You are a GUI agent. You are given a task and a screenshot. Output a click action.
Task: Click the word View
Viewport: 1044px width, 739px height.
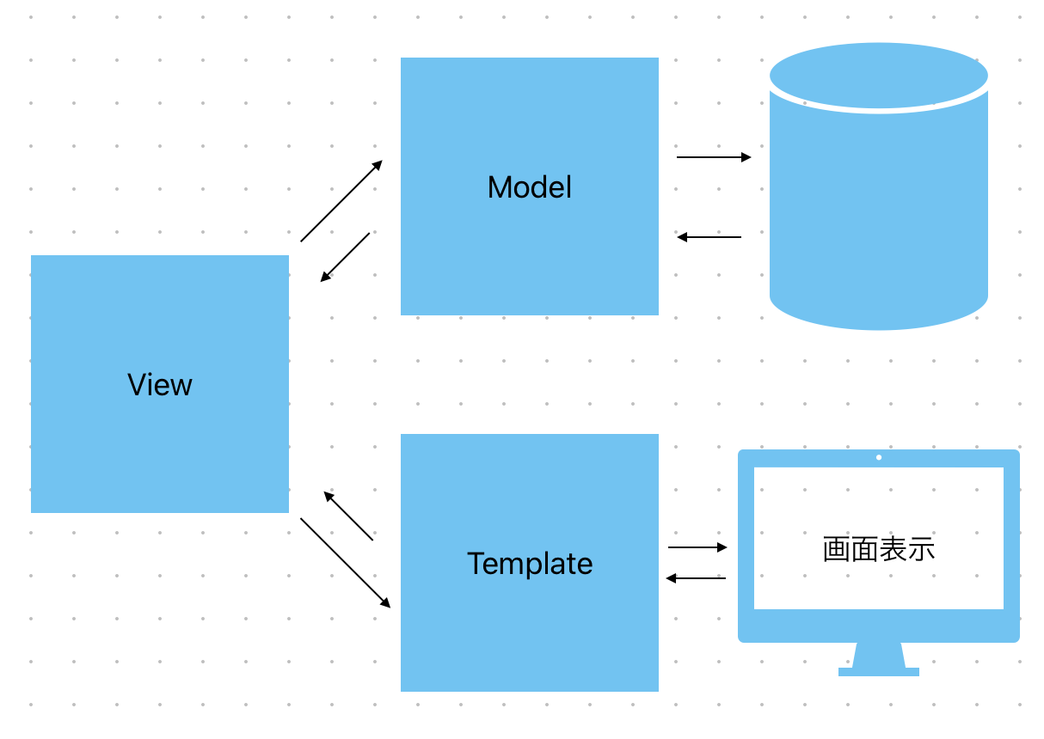point(160,385)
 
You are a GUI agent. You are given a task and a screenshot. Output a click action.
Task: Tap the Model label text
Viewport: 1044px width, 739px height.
point(530,186)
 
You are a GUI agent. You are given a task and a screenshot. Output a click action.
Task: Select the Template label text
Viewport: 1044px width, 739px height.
point(530,564)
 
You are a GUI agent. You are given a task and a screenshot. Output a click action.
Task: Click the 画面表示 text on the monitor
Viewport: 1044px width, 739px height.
point(879,549)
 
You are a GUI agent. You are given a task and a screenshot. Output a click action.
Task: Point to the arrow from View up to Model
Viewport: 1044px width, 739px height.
point(341,201)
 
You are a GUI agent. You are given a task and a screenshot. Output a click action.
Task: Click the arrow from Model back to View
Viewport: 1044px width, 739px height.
point(345,258)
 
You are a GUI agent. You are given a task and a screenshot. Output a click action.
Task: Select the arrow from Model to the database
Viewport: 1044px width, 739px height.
point(714,157)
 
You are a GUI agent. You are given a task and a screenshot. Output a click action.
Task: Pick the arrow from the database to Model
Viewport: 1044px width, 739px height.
point(709,237)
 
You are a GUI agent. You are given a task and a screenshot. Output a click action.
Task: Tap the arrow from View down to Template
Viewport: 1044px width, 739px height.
point(346,563)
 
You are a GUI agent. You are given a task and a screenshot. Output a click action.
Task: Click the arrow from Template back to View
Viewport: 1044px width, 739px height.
point(348,516)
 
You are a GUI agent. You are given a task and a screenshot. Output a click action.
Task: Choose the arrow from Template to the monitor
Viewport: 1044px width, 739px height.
point(697,547)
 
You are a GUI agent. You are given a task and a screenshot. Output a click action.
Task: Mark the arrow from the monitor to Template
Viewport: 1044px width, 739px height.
point(696,578)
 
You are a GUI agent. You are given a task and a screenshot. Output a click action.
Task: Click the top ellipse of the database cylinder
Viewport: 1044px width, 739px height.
point(879,76)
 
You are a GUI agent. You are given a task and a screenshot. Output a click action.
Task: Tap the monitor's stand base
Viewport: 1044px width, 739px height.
point(879,672)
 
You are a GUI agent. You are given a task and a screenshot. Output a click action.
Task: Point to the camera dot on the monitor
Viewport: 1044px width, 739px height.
point(879,457)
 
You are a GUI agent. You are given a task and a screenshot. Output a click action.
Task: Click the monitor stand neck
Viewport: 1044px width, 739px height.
point(879,655)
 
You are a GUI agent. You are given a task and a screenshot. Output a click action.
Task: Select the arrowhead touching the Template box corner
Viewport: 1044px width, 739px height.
point(385,602)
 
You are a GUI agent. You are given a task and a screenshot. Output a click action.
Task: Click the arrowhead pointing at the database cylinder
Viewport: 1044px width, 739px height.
point(746,157)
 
